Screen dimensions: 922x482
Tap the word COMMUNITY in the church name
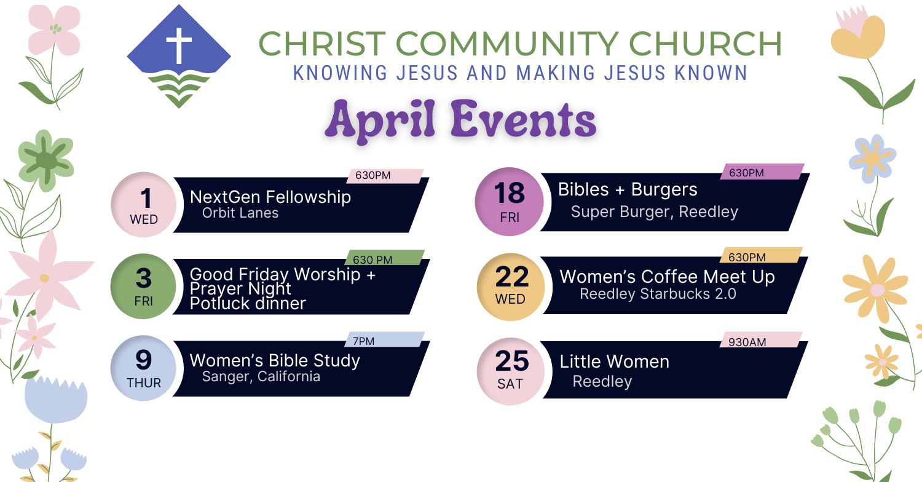click(x=507, y=44)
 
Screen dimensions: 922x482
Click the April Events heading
click(x=460, y=120)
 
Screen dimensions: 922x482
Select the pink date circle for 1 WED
click(x=144, y=205)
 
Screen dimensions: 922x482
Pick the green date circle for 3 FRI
click(x=143, y=286)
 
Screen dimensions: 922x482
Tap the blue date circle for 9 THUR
click(x=143, y=368)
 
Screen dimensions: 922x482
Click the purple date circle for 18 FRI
click(x=509, y=202)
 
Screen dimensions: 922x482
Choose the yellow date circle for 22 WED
click(x=511, y=287)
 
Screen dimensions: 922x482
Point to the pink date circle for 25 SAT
click(x=511, y=371)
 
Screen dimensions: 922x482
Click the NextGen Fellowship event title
click(x=270, y=197)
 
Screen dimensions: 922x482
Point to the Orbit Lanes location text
click(x=240, y=213)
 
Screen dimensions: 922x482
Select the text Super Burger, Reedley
click(x=655, y=211)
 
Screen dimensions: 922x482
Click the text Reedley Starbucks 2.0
click(x=658, y=294)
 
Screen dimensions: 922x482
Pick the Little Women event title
click(x=614, y=362)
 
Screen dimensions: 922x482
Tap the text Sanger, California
click(x=261, y=377)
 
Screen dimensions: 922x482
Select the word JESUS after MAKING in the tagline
click(x=635, y=73)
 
